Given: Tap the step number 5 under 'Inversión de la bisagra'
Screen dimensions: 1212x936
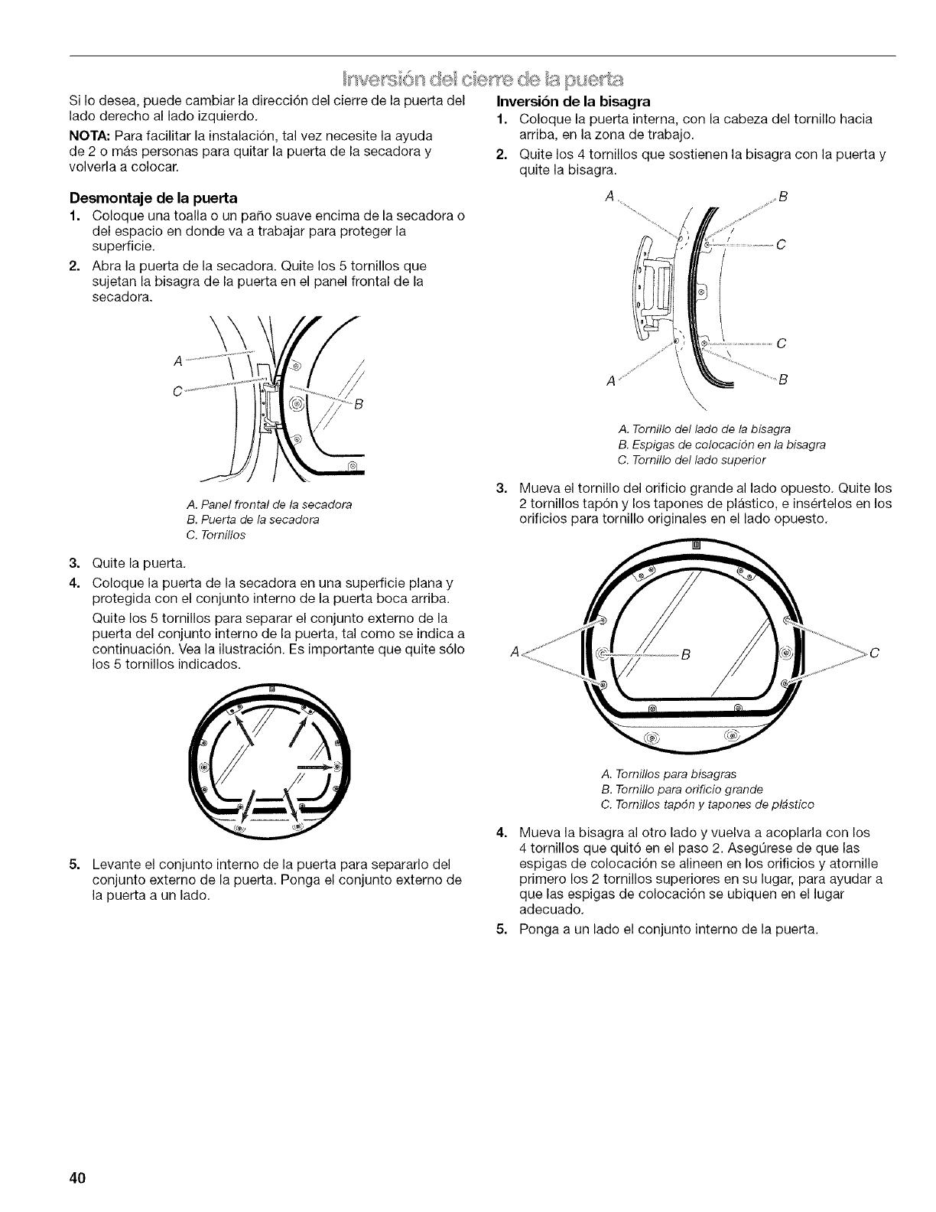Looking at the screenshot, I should (x=501, y=930).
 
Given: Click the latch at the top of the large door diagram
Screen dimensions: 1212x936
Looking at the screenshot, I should (x=696, y=544).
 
